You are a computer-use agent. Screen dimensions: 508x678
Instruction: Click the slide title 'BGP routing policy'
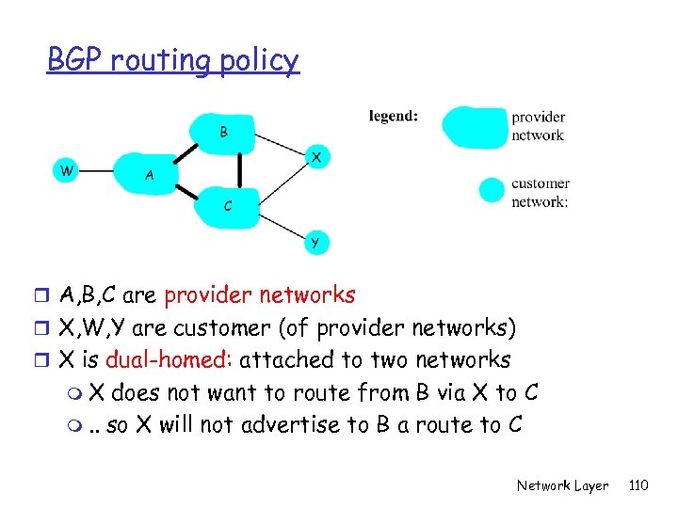173,60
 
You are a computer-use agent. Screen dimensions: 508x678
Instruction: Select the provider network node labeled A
151,175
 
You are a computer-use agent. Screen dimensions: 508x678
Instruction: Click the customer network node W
65,170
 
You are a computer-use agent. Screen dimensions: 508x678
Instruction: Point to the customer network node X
317,157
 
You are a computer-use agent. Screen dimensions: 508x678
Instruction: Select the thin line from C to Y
282,224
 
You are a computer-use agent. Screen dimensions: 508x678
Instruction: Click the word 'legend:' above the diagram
394,116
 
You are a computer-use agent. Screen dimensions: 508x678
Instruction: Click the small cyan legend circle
492,191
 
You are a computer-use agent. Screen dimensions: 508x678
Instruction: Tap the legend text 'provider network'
539,126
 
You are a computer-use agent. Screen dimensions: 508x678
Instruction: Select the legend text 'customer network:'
541,192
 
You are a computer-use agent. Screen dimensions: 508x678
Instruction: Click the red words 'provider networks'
260,295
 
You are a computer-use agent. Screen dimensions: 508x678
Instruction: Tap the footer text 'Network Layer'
562,485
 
